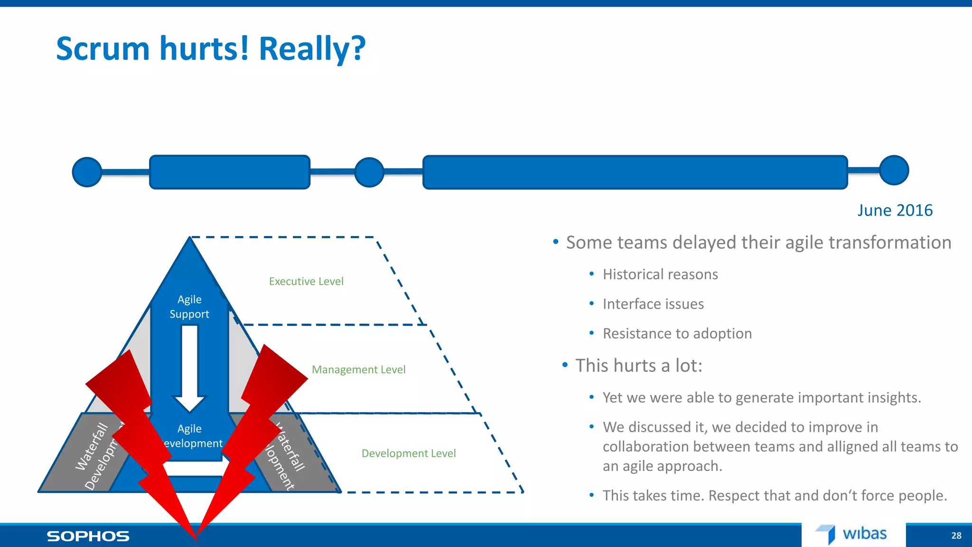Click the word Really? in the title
[312, 49]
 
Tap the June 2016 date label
[895, 210]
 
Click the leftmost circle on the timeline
[87, 172]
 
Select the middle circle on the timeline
[369, 172]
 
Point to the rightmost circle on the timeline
[894, 170]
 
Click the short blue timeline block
[230, 172]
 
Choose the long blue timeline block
[635, 172]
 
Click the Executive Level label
[306, 282]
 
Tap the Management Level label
[358, 370]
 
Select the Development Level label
[409, 453]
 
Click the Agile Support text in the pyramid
[189, 307]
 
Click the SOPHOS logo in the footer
[88, 536]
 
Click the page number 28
[956, 536]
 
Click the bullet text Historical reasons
[660, 274]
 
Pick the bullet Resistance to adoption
[677, 334]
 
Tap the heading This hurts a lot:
[638, 366]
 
